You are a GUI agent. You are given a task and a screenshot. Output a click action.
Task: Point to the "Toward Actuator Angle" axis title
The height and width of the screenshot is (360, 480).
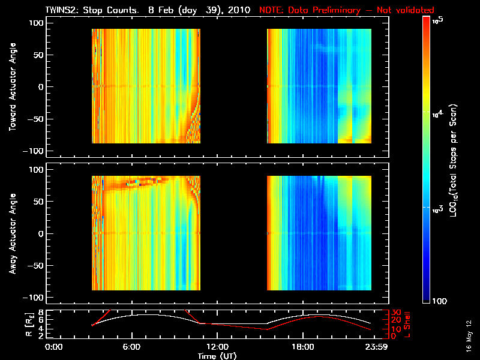coord(11,88)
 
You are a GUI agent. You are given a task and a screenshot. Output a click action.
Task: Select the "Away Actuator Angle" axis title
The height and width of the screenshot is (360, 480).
coord(11,233)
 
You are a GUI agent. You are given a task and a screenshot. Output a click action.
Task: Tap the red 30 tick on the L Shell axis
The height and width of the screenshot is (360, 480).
coord(396,313)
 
